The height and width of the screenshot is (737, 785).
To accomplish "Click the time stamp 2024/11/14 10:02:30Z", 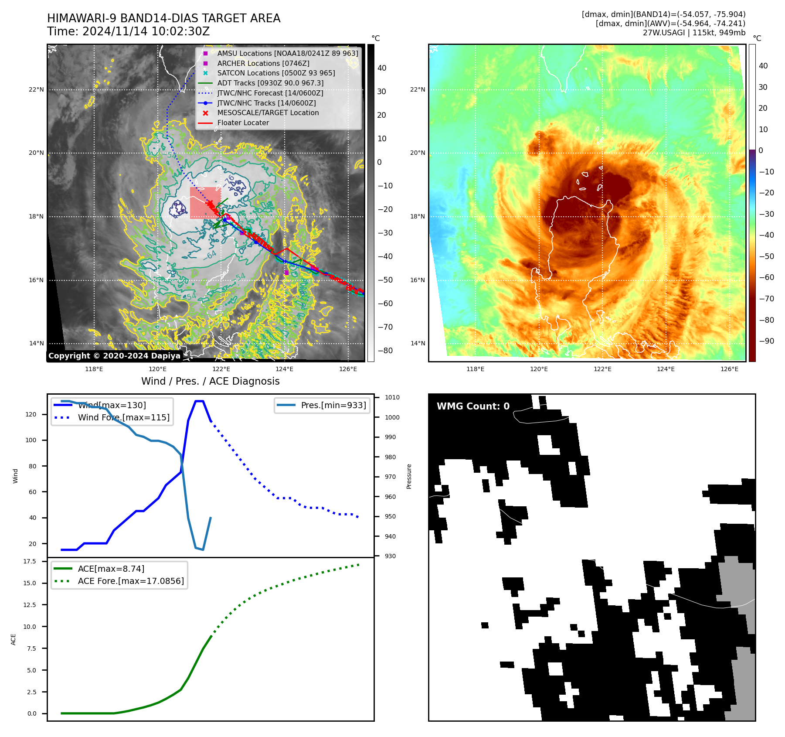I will coord(146,32).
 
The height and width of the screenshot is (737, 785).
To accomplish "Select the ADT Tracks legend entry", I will coord(270,83).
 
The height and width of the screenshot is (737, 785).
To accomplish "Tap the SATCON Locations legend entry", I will coord(276,73).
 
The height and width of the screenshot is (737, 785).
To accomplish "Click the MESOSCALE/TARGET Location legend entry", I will coord(268,113).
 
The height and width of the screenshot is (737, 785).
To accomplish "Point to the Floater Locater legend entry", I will coord(243,123).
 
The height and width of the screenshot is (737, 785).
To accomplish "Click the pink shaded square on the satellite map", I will coord(204,203).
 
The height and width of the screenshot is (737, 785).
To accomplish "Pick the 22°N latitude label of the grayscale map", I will coord(37,90).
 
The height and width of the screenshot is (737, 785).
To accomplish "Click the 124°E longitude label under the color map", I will coord(666,369).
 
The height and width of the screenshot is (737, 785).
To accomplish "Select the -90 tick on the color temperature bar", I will coord(766,341).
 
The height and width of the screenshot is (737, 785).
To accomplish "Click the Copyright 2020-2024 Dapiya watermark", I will coord(114,356).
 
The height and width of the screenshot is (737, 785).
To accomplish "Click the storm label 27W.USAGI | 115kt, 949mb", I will coord(694,33).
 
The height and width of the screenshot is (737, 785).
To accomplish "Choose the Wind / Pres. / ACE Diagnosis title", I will coord(210,381).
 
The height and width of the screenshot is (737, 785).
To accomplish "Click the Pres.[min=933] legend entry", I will coord(333,405).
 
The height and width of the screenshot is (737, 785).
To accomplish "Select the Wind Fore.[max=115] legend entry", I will coord(123,417).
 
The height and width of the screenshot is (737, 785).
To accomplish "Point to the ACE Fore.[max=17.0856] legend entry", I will coord(130,581).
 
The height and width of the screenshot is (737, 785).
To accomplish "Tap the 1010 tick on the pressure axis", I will coord(392,397).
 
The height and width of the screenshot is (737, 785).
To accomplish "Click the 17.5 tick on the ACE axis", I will coord(30,561).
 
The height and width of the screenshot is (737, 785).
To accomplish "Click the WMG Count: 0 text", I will coord(473,406).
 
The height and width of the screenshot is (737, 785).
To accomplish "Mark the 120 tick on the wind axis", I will coord(31,414).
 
